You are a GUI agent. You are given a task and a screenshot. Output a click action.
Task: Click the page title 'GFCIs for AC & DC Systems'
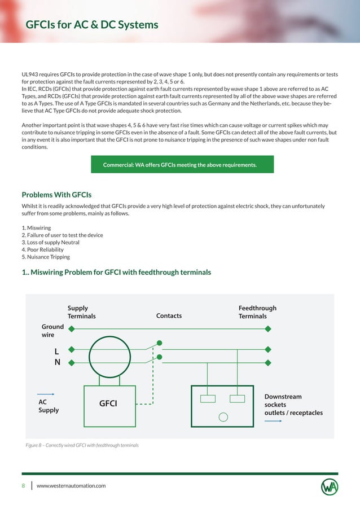pyautogui.click(x=92, y=25)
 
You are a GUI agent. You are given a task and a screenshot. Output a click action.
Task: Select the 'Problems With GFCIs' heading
pyautogui.click(x=56, y=195)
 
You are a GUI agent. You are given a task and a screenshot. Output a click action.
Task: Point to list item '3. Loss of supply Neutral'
pyautogui.click(x=50, y=242)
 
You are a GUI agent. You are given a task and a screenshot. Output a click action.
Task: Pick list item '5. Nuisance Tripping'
pyautogui.click(x=46, y=257)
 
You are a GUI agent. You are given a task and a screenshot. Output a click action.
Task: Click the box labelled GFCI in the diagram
pyautogui.click(x=109, y=402)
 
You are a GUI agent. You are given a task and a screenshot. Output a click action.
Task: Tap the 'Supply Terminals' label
pyautogui.click(x=81, y=312)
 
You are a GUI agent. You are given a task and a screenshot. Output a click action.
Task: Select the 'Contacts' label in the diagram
pyautogui.click(x=169, y=315)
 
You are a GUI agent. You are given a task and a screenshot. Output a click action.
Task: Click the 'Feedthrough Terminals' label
pyautogui.click(x=257, y=312)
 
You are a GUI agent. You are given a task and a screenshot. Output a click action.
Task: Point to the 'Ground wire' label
pyautogui.click(x=52, y=331)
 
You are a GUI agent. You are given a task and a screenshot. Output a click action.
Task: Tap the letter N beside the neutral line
pyautogui.click(x=57, y=362)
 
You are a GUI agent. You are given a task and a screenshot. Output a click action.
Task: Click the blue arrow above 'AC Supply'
pyautogui.click(x=46, y=394)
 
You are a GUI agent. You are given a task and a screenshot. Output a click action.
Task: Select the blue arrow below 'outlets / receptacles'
pyautogui.click(x=273, y=420)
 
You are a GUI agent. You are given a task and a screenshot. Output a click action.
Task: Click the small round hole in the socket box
pyautogui.click(x=223, y=418)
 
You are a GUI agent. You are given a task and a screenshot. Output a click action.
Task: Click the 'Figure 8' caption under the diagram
pyautogui.click(x=82, y=445)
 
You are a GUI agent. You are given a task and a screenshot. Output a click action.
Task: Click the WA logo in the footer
pyautogui.click(x=330, y=486)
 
